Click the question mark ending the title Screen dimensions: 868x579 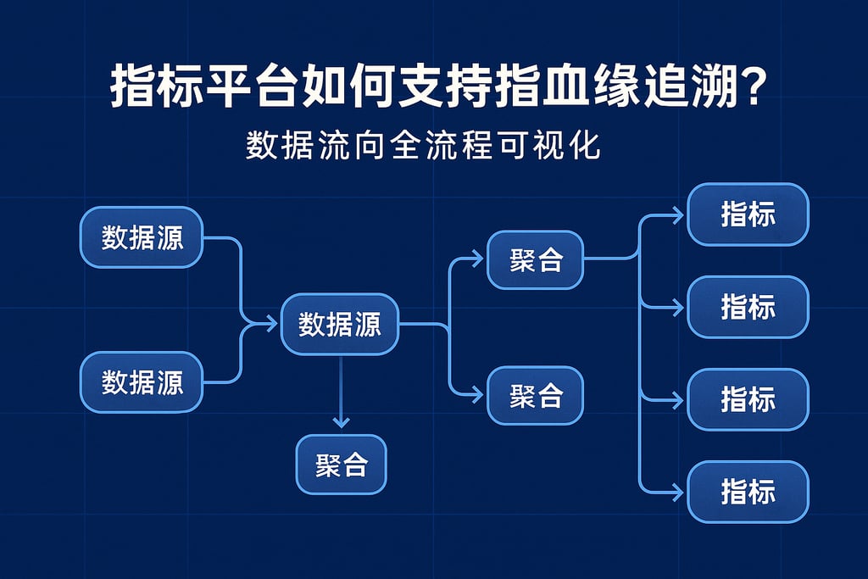coord(752,86)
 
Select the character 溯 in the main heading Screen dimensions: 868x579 coord(713,86)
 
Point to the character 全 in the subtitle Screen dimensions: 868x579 coord(406,146)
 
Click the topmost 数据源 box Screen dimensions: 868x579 coord(142,237)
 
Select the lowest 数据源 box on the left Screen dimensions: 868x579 coord(142,382)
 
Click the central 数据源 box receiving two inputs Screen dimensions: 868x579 coord(340,324)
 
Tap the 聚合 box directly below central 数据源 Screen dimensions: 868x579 coord(341,465)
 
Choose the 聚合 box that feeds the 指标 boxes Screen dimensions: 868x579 coord(536,259)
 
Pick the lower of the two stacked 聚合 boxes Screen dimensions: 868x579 coord(536,396)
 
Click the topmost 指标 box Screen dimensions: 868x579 coord(748,214)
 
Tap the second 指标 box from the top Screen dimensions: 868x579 coord(748,307)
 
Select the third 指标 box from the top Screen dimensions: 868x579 coord(748,399)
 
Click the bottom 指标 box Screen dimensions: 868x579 coord(748,492)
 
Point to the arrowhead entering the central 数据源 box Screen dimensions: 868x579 coord(271,323)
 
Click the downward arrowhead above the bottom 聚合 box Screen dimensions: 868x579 coord(341,422)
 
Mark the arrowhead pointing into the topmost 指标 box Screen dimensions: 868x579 coord(678,214)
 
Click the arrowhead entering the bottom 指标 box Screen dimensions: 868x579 coord(678,492)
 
